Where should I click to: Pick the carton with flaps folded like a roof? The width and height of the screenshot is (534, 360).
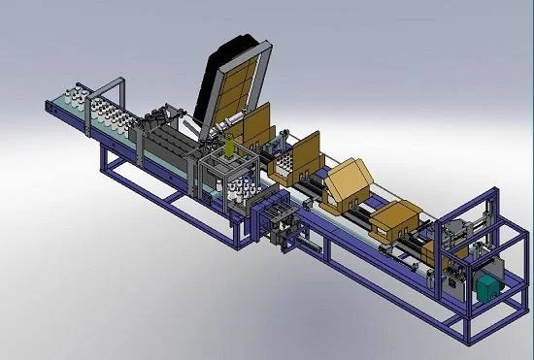tap(350, 184)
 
